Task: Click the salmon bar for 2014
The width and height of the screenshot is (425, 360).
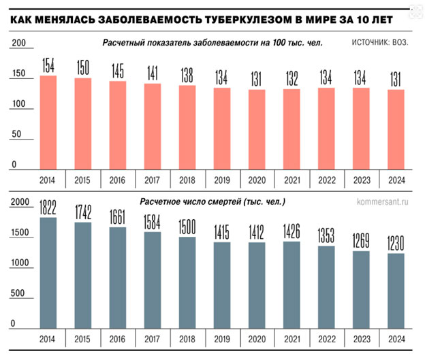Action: (48, 122)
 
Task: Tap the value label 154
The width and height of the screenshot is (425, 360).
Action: (48, 66)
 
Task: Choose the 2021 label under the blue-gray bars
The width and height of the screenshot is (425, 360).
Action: (292, 339)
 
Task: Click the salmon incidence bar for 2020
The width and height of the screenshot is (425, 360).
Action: (257, 129)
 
